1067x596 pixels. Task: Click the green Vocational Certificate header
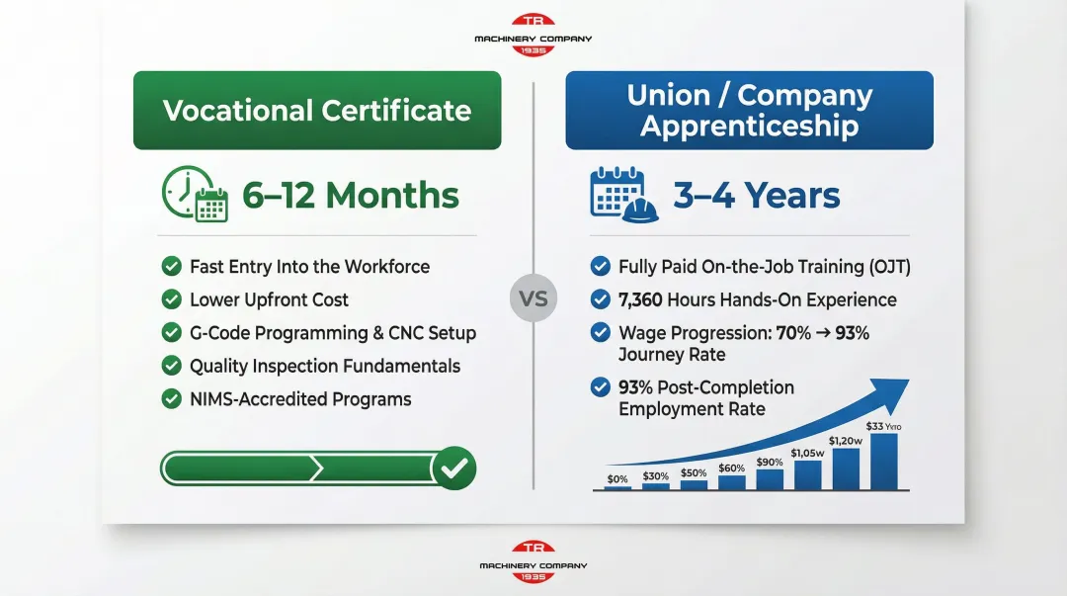pos(317,110)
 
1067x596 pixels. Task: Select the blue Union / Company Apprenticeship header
pos(749,110)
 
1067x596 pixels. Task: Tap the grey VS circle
pos(533,298)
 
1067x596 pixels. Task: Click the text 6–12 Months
pos(351,196)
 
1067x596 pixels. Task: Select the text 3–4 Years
pos(757,196)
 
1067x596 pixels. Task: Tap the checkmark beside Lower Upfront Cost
pos(171,299)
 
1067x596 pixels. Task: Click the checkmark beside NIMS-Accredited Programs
pos(171,399)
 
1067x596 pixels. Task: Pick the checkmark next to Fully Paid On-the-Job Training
pos(600,266)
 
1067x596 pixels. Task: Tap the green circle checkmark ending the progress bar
pos(453,468)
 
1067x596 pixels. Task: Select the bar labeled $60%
pos(732,481)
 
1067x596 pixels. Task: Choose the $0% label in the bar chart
pos(617,479)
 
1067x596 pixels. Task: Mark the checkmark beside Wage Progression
pos(600,333)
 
